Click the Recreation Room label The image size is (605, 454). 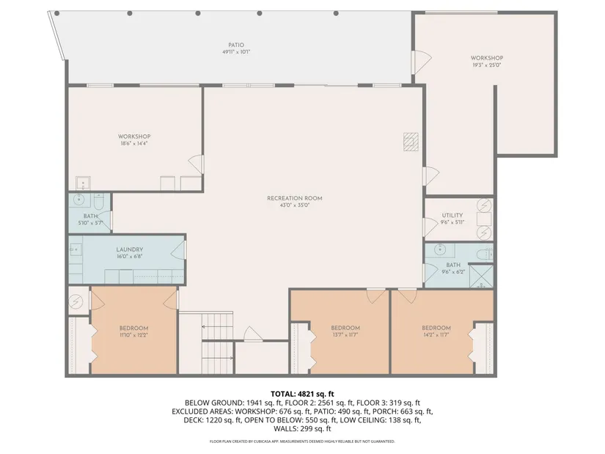(x=294, y=198)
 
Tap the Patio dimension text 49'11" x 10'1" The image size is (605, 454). (x=236, y=52)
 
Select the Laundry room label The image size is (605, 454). (x=130, y=249)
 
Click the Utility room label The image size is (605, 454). (x=452, y=215)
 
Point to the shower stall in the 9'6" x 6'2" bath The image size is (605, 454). (x=481, y=276)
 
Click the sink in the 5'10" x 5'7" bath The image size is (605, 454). (x=79, y=199)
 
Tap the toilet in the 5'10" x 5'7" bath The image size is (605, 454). (x=98, y=200)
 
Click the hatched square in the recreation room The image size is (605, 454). (x=411, y=142)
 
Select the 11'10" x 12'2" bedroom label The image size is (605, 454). (x=134, y=328)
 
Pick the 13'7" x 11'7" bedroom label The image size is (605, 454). (x=345, y=328)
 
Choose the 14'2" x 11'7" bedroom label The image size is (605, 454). (x=436, y=328)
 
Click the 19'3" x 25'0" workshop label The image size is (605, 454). (x=487, y=58)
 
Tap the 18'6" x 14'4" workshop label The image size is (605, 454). (x=134, y=136)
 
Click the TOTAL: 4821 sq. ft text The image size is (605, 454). (x=302, y=394)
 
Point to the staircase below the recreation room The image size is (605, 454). (x=218, y=343)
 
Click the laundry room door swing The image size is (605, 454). (x=178, y=250)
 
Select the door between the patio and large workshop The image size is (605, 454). (x=421, y=62)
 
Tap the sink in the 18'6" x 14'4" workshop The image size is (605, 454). (x=83, y=183)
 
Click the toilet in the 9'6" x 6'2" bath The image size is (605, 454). (x=484, y=254)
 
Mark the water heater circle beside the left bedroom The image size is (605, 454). (x=76, y=301)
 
